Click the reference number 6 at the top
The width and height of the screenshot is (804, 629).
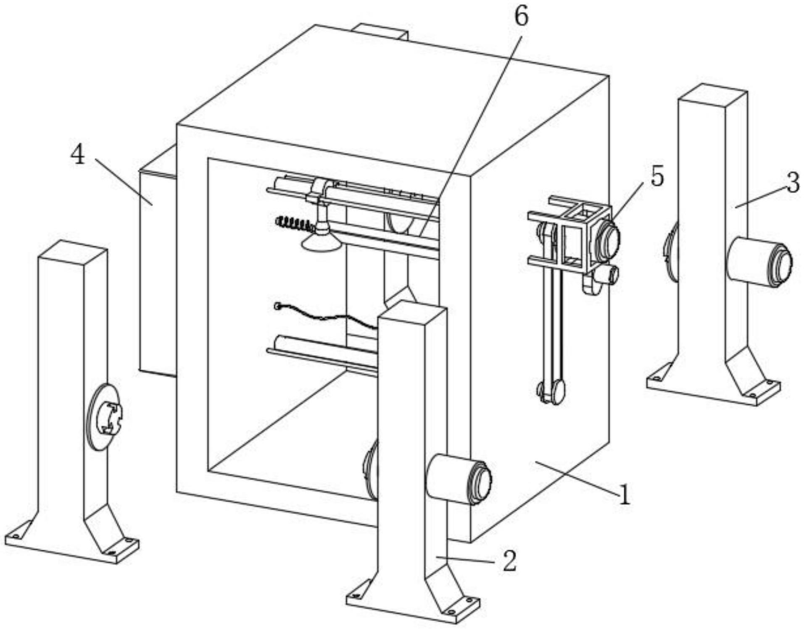coord(521,17)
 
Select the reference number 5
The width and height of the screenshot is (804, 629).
coord(657,176)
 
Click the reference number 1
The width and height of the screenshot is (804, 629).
coord(625,494)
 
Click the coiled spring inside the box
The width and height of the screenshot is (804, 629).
coord(294,223)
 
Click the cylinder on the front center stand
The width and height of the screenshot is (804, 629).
coord(458,479)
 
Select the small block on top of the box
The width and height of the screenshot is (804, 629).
coord(380,31)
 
